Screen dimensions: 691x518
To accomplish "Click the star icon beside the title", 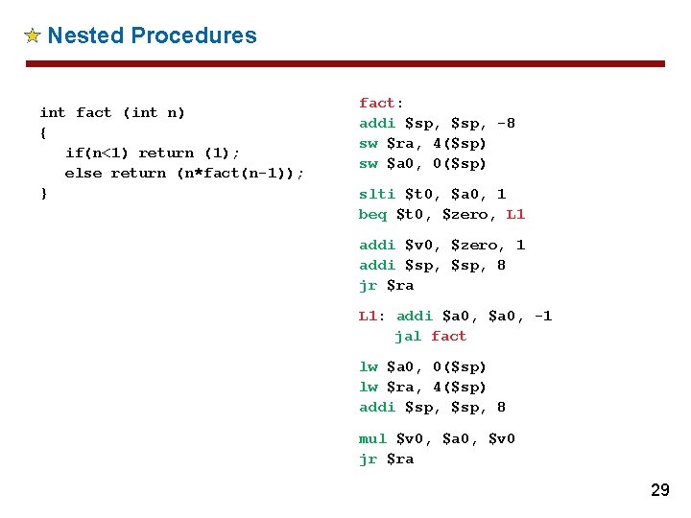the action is click(32, 36).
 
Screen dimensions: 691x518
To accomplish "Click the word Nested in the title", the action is click(84, 36).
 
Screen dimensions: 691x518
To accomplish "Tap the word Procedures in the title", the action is click(194, 36).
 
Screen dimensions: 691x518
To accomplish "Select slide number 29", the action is click(659, 490).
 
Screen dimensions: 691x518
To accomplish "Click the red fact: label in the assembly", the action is click(381, 103).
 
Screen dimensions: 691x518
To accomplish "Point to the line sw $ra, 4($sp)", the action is click(422, 143).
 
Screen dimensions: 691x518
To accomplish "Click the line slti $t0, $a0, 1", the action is click(432, 194).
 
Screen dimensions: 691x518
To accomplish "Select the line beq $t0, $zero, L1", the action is click(441, 214).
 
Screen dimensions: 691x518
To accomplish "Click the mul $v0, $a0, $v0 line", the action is click(437, 438).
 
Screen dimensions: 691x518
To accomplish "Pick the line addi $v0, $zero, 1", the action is click(441, 245).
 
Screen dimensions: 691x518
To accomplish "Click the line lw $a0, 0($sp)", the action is click(422, 366).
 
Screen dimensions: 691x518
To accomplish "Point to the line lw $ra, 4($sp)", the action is click(422, 387).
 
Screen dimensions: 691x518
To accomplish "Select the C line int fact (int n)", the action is click(112, 112).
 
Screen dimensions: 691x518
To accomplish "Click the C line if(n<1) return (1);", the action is click(153, 153).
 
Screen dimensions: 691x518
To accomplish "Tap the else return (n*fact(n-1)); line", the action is click(184, 173).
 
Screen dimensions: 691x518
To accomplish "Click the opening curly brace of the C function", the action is click(43, 132).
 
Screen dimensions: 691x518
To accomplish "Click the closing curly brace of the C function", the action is click(43, 193).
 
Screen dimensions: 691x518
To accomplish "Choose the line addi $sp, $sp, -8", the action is click(437, 123).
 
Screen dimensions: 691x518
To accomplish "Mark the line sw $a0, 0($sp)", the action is click(422, 163).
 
